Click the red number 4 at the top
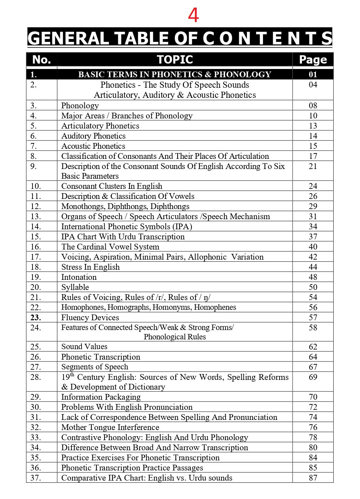(193, 16)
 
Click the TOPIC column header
(175, 60)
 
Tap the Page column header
(313, 60)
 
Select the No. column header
(41, 60)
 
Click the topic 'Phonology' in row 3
(80, 105)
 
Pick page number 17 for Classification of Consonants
(313, 156)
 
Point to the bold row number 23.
(36, 317)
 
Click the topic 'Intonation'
(79, 277)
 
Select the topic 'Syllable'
(75, 287)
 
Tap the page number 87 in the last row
(313, 478)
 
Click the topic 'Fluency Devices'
(90, 317)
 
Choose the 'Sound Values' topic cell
(84, 347)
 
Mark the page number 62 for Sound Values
(313, 347)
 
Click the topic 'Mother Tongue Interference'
(110, 427)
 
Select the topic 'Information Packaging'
(101, 397)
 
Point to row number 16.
(36, 247)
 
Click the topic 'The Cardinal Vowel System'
(110, 247)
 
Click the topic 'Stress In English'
(91, 267)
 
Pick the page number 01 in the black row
(313, 74)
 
